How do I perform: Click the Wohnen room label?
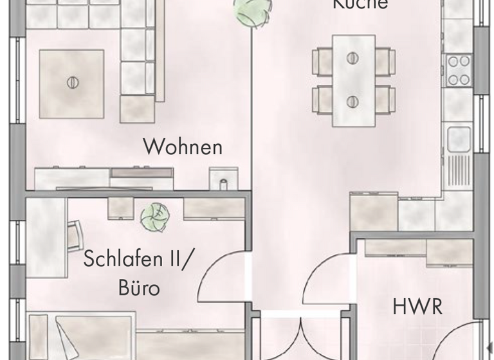183,147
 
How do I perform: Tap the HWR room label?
417,307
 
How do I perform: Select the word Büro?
138,287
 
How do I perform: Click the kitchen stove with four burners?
459,70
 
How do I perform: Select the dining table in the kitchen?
353,80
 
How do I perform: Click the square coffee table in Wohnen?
71,83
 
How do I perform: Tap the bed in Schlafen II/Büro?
80,336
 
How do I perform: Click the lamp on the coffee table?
72,83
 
